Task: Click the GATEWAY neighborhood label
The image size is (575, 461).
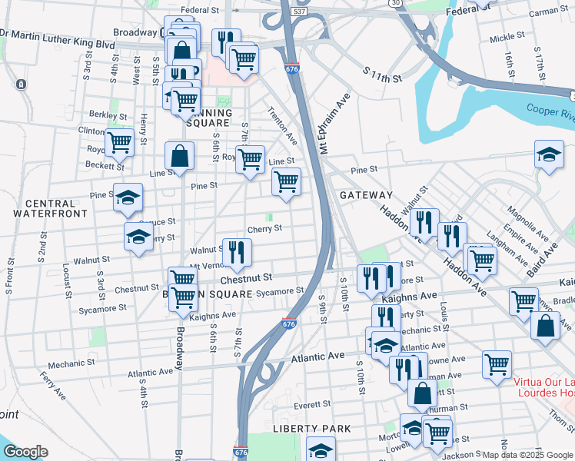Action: point(365,195)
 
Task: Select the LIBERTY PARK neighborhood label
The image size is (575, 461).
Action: point(312,428)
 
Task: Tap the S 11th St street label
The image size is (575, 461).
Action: point(383,75)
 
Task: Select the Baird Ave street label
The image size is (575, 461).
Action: point(541,260)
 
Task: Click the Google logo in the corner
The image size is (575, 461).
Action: point(25,452)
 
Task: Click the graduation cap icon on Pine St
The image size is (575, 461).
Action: point(128,197)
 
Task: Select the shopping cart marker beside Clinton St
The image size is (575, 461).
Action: point(119,142)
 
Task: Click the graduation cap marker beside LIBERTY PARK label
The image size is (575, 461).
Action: point(321,449)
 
